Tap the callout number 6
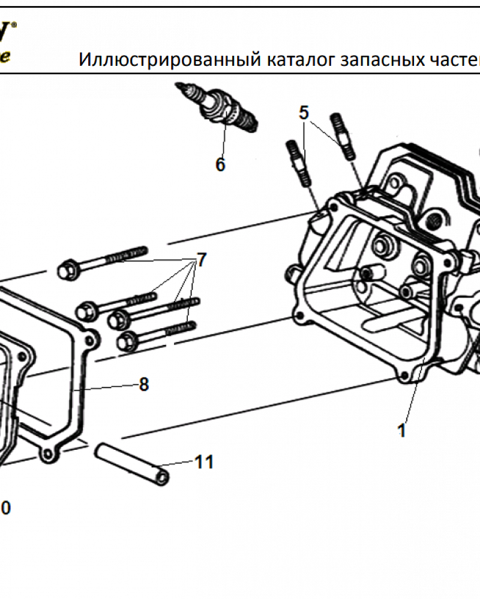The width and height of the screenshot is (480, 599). [220, 164]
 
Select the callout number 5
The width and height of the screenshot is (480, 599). [304, 113]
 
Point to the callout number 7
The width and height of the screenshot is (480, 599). [202, 259]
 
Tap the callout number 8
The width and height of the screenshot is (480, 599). [143, 384]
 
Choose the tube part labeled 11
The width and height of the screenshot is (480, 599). [132, 463]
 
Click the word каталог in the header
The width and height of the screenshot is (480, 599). [297, 60]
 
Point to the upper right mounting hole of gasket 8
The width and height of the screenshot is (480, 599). [90, 340]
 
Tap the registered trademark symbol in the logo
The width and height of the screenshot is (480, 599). [14, 25]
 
